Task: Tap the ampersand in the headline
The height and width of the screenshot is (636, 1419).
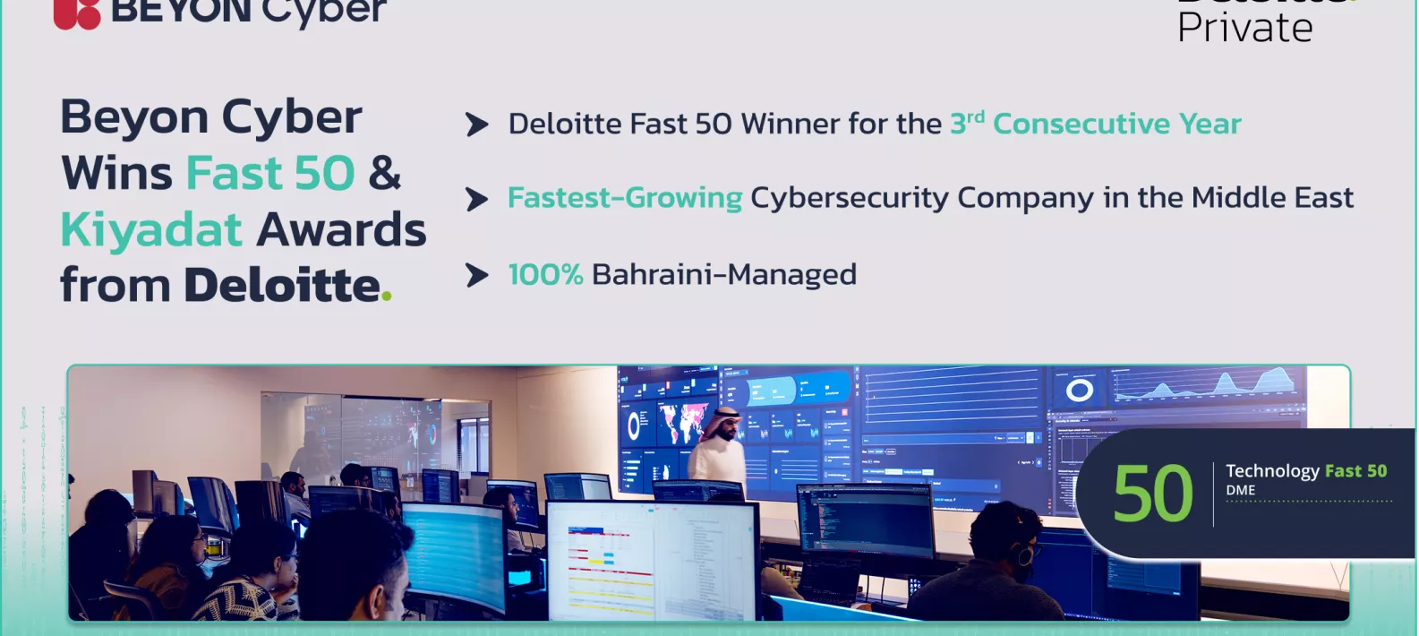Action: (384, 173)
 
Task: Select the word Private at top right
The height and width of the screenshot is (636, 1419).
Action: (1244, 28)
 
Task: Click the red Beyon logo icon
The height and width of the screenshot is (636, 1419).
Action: (77, 13)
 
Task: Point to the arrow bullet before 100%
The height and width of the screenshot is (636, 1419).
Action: (477, 275)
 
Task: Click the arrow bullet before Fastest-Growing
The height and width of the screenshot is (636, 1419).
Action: (477, 199)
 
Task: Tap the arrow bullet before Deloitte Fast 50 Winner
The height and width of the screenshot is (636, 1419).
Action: (477, 125)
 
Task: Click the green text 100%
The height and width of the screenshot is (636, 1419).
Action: (545, 274)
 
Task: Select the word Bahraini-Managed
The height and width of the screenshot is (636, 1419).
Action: (723, 274)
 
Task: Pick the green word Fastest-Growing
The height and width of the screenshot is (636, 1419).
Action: (624, 198)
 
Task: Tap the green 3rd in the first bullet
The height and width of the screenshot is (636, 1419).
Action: (967, 123)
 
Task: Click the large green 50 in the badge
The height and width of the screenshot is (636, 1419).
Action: (1152, 494)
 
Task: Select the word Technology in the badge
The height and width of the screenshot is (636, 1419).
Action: (1271, 471)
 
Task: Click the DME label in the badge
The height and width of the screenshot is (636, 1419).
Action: (1240, 491)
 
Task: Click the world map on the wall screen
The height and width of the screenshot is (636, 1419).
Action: (682, 422)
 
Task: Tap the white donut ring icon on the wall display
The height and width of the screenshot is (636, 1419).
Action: (1079, 390)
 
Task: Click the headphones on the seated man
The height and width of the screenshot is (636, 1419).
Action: (1022, 554)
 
